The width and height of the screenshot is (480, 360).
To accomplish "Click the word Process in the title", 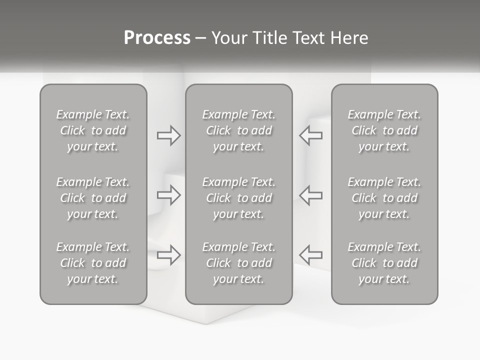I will pyautogui.click(x=157, y=38).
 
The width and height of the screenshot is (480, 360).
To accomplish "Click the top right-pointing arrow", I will pyautogui.click(x=169, y=135).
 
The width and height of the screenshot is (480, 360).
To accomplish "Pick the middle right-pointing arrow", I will pyautogui.click(x=169, y=195).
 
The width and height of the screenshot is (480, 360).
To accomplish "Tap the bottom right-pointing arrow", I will pyautogui.click(x=169, y=254).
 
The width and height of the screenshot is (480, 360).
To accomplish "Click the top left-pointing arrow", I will pyautogui.click(x=310, y=135).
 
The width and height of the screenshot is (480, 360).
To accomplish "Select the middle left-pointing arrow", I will pyautogui.click(x=310, y=195).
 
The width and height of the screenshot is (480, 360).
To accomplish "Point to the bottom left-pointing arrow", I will pyautogui.click(x=310, y=254).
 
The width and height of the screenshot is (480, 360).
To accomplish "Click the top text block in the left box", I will pyautogui.click(x=93, y=130).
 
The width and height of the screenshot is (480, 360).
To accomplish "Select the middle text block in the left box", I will pyautogui.click(x=93, y=198).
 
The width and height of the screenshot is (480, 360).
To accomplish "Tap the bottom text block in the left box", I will pyautogui.click(x=93, y=263).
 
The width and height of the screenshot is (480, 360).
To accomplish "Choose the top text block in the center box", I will pyautogui.click(x=239, y=130).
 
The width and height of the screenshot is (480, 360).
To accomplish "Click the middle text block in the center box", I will pyautogui.click(x=239, y=198).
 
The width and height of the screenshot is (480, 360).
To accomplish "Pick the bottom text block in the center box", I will pyautogui.click(x=239, y=263).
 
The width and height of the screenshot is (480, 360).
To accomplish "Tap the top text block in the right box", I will pyautogui.click(x=384, y=130).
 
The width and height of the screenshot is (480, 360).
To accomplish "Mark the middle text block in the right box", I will pyautogui.click(x=384, y=198).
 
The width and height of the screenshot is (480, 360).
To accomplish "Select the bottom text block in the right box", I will pyautogui.click(x=384, y=263).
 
